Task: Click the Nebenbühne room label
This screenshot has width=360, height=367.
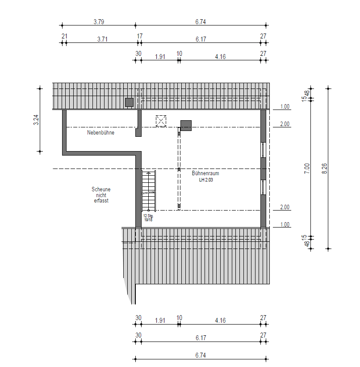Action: [100, 132]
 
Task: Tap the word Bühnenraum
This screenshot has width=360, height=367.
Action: [205, 173]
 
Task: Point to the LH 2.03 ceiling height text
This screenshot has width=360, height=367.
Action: [206, 180]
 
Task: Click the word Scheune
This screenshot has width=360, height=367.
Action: [101, 189]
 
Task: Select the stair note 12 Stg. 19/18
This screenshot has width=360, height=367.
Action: [148, 218]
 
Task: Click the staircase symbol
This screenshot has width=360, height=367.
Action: [149, 191]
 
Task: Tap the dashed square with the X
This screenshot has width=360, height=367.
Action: [161, 121]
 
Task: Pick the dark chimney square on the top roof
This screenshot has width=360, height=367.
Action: [129, 102]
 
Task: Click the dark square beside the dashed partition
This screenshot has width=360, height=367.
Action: [186, 126]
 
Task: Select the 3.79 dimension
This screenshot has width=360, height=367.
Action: [99, 22]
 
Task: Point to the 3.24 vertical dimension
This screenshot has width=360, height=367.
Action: [36, 120]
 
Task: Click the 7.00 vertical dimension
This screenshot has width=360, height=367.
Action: [307, 169]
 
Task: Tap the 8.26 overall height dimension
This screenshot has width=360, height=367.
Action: [324, 169]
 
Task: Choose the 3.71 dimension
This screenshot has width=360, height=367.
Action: [102, 39]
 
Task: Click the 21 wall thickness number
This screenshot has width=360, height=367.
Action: [64, 36]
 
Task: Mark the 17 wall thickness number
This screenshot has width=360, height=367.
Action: [140, 36]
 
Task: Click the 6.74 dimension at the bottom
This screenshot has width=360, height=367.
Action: [201, 355]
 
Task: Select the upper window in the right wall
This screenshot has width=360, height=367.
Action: [263, 150]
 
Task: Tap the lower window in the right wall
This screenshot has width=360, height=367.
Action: [263, 187]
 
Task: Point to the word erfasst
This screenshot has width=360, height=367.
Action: [101, 201]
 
